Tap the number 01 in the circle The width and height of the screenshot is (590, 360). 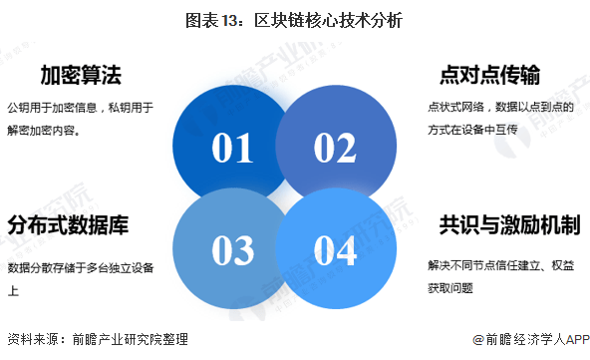pos(232,148)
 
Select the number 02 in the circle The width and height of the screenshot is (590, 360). pos(334,148)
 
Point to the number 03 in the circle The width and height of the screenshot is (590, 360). pos(232,251)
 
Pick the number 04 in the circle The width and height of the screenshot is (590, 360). pos(334,251)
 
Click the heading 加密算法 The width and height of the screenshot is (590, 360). pos(82,76)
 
